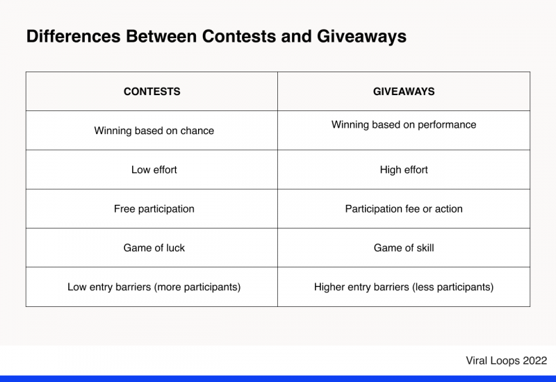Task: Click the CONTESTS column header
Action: [x=152, y=92]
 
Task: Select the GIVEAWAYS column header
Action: [x=404, y=92]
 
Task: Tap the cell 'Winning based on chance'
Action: [x=154, y=131]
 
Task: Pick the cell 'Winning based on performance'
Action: [x=404, y=125]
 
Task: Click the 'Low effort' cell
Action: [x=154, y=169]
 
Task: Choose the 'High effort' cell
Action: [x=404, y=169]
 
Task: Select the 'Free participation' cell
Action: [x=154, y=208]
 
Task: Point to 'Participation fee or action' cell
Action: [x=404, y=208]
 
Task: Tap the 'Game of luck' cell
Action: [x=154, y=248]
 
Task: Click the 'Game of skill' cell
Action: [x=404, y=248]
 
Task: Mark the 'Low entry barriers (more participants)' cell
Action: [x=154, y=287]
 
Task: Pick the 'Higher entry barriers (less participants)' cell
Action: [x=404, y=287]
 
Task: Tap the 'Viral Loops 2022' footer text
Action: [x=506, y=360]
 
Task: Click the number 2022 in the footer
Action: [x=534, y=360]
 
